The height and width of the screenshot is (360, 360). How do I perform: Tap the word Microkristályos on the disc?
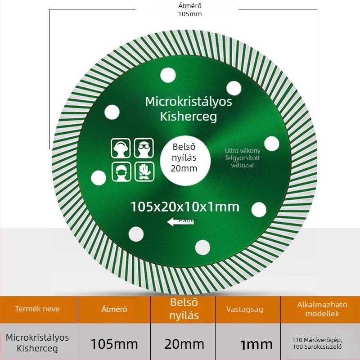189,101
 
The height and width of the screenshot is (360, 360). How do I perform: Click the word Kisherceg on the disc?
189,117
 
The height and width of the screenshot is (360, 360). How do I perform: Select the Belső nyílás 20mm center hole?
184,158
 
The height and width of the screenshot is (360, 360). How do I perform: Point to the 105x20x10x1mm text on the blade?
184,207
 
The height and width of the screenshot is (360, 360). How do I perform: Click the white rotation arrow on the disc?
174,221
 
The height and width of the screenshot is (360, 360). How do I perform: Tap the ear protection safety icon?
121,148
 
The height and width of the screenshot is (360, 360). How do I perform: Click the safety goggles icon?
144,148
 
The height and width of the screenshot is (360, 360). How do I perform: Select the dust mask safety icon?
121,171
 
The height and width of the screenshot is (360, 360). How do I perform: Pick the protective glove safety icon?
144,171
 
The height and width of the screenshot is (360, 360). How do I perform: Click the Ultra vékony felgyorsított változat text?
243,158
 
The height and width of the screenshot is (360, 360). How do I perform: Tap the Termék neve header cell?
37,309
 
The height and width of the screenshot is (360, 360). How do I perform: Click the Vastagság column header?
245,309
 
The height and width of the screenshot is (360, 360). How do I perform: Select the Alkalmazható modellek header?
319,309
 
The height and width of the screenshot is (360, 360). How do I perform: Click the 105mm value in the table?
114,344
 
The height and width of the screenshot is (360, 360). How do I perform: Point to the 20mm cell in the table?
184,344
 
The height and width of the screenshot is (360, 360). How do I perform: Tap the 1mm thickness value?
256,345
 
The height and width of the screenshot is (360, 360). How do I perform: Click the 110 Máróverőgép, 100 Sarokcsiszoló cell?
317,343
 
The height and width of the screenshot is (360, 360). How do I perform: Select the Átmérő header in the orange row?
114,309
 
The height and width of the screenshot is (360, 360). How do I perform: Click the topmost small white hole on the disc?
167,75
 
